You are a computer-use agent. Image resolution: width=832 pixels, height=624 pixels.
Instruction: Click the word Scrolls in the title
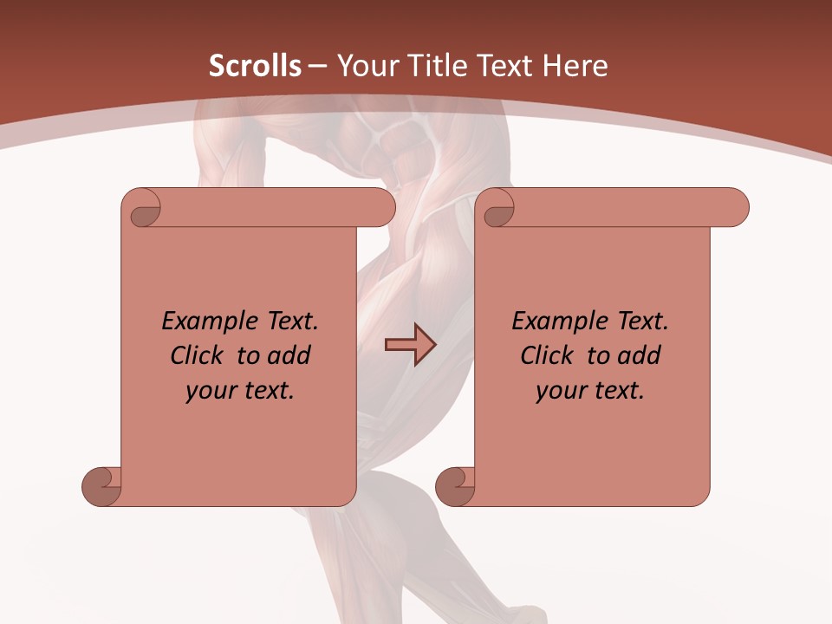[255, 67]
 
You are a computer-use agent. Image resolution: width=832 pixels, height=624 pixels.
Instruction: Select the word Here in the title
[575, 67]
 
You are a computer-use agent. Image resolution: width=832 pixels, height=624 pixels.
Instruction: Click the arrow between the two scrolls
[410, 345]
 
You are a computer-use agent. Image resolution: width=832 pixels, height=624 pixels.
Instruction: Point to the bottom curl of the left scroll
[102, 486]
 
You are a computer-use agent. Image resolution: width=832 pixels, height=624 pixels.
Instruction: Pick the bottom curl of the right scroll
[455, 486]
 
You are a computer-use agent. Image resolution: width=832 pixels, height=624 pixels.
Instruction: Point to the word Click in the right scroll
[547, 355]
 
